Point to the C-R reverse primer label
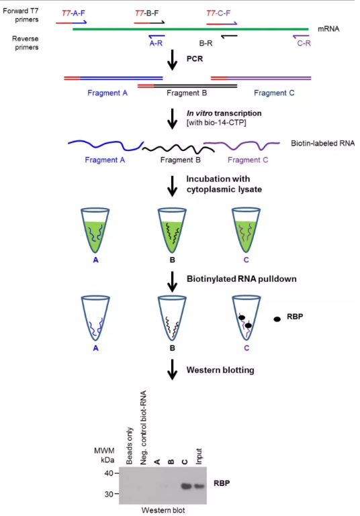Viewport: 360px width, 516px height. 304,41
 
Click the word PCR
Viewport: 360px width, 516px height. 195,58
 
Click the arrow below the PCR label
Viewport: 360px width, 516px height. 173,62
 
